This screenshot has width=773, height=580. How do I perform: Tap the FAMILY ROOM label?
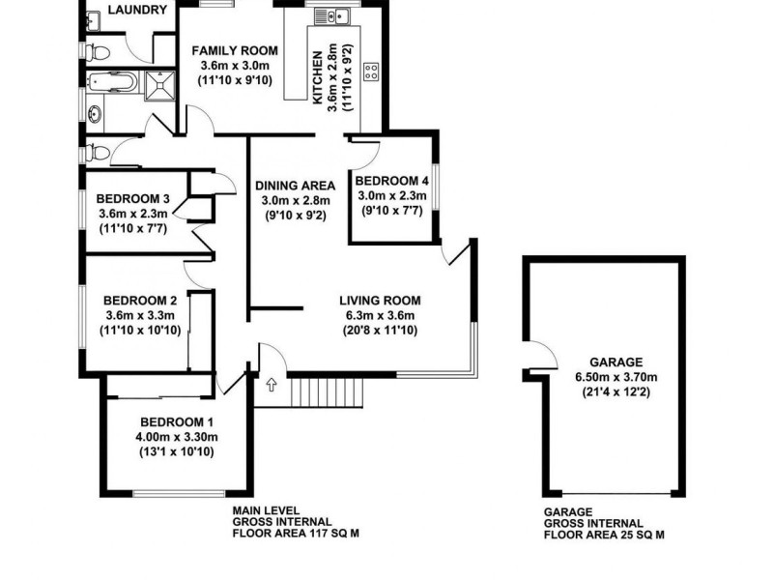(234, 51)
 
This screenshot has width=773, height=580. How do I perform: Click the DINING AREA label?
(296, 186)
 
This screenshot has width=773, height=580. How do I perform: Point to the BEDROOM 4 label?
(391, 181)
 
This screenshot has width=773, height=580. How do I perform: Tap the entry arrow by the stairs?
(271, 386)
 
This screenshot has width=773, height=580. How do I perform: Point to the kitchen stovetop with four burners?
(371, 70)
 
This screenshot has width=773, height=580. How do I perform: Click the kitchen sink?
(331, 15)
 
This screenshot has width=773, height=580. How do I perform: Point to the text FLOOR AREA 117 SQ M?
(289, 533)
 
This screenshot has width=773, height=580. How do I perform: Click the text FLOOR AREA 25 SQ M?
(605, 535)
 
